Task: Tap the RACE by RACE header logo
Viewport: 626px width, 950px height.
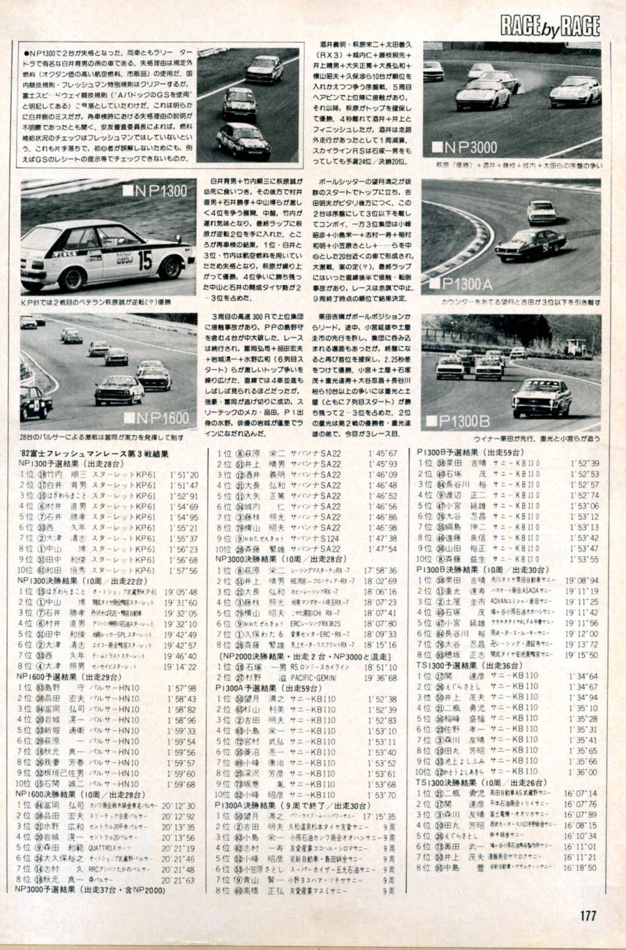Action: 549,26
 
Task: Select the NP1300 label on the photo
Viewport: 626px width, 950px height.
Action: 154,192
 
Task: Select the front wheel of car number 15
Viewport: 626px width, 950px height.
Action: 73,277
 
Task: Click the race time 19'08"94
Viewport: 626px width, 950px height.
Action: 582,579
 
